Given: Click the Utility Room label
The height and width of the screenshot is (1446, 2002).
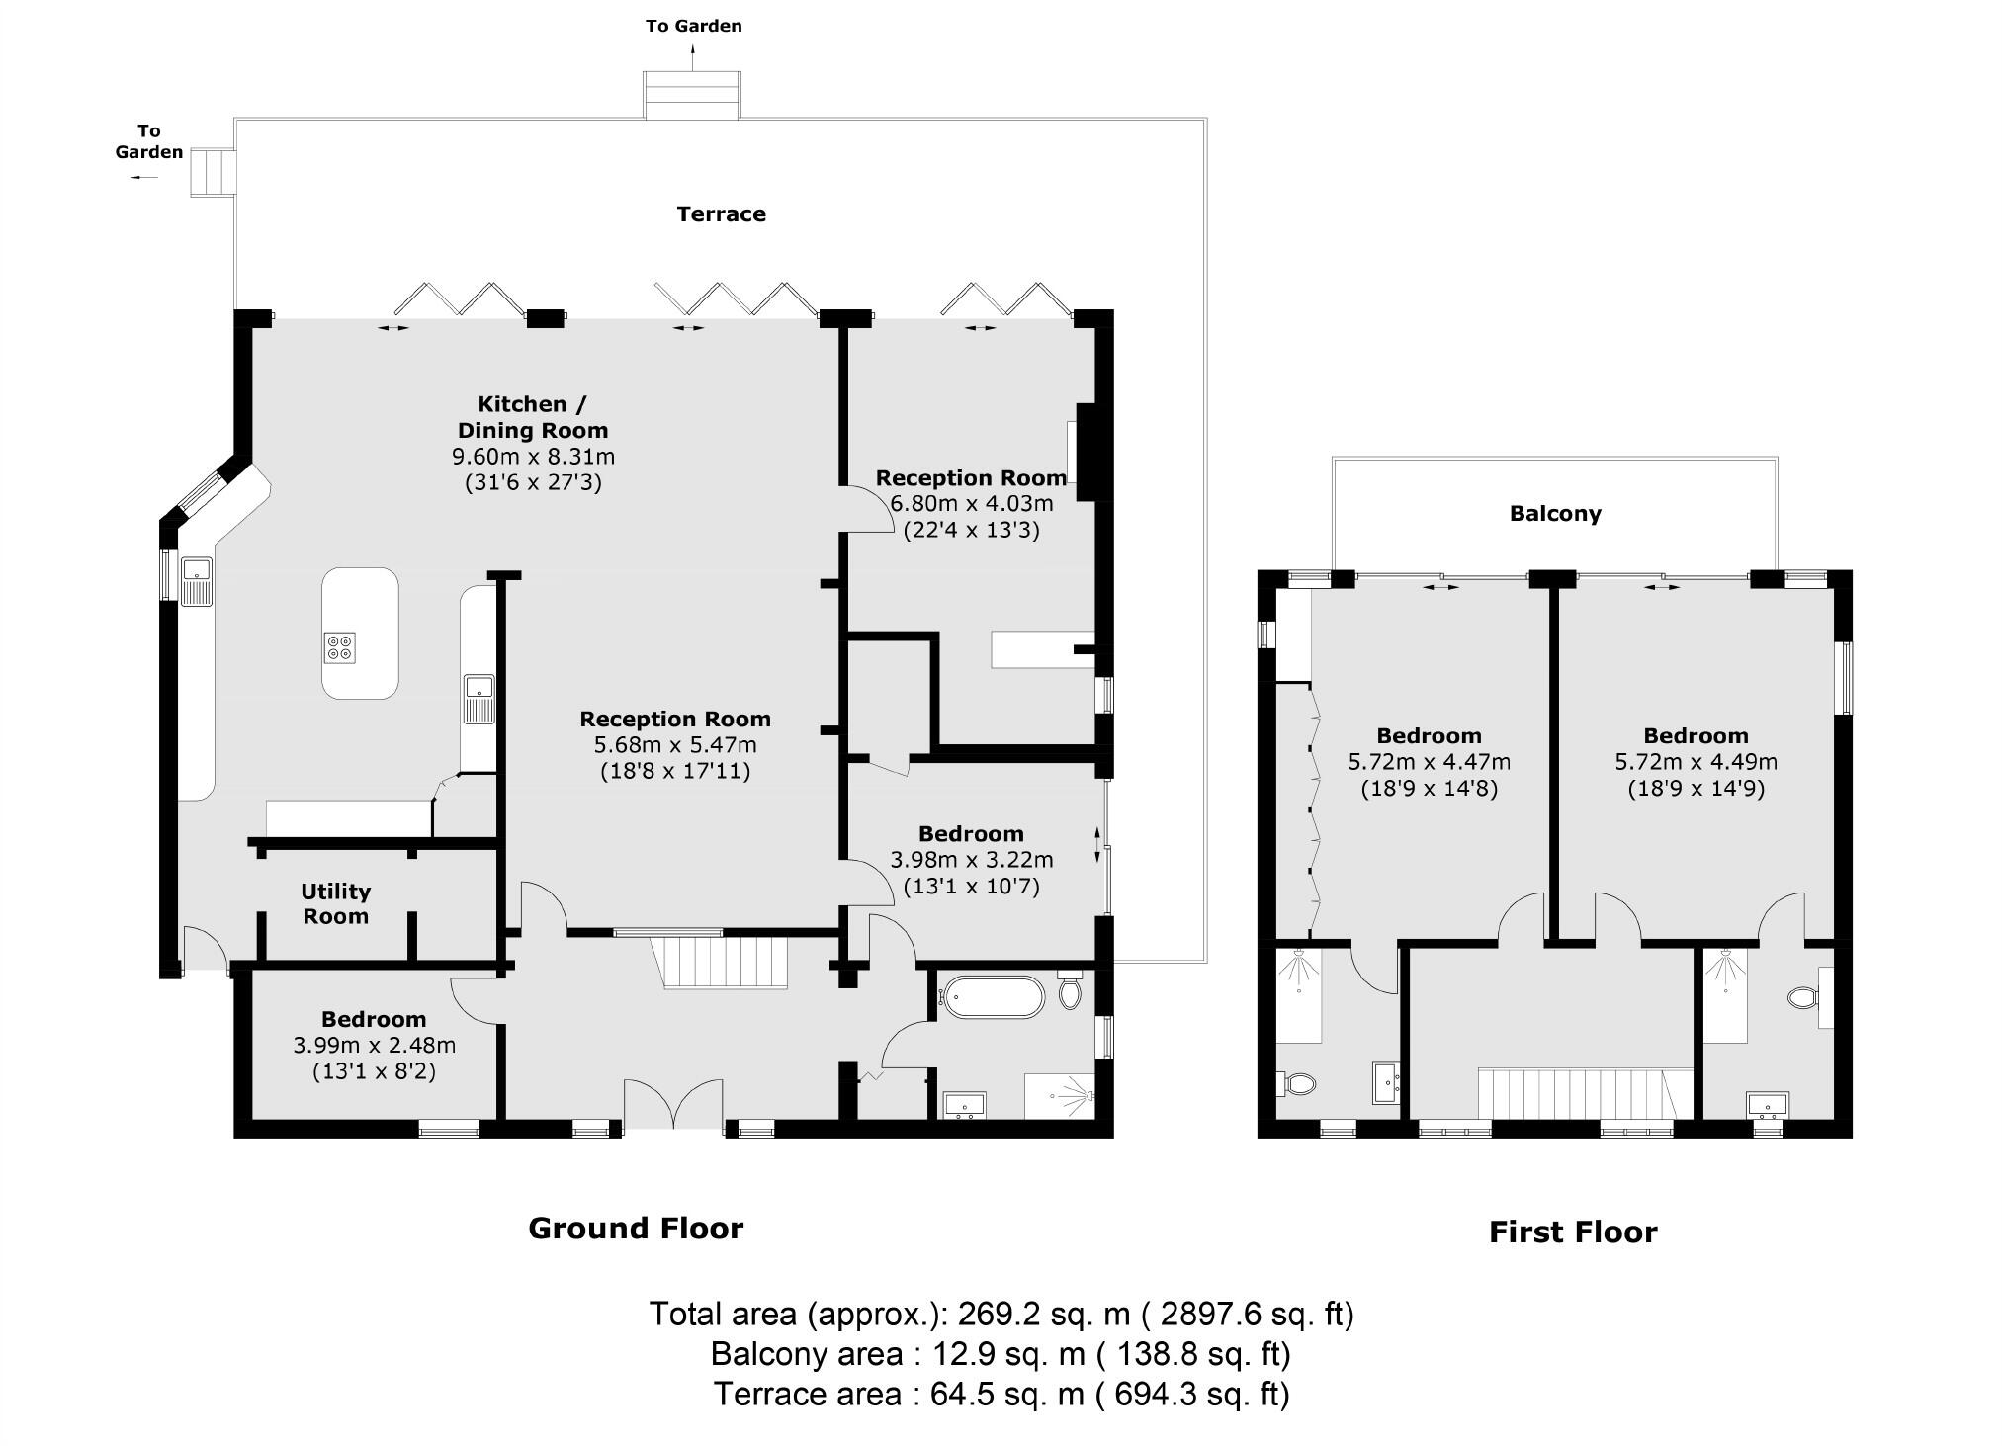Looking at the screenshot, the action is (x=336, y=903).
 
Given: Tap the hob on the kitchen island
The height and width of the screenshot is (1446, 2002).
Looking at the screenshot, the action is (x=339, y=646).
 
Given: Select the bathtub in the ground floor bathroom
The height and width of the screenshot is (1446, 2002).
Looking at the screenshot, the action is (x=992, y=997).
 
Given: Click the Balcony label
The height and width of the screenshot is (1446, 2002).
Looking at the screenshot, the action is (x=1555, y=513).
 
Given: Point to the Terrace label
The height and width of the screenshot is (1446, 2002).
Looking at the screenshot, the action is (x=721, y=213).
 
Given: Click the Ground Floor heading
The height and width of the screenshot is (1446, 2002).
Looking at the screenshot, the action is (x=636, y=1228).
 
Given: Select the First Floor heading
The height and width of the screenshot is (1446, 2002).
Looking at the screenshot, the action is (x=1573, y=1232).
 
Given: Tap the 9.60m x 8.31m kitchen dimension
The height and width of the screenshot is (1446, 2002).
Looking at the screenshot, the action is (x=533, y=457).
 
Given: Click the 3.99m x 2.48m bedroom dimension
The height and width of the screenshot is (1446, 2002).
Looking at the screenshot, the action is (x=375, y=1045).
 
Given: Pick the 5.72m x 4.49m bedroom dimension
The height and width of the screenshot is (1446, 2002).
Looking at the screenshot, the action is (x=1697, y=762).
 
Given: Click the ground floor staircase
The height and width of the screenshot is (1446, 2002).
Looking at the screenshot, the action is (x=719, y=962).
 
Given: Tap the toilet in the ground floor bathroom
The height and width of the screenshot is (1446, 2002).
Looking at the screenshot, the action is (x=1070, y=989).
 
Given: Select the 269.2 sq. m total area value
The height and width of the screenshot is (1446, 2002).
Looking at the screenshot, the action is (x=1044, y=1314).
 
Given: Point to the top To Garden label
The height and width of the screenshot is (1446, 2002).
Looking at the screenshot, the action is (x=693, y=26).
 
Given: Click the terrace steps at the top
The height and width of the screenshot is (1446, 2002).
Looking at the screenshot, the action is (x=692, y=95).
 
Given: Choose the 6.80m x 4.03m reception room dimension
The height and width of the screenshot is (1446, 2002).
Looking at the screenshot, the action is (x=972, y=503).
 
